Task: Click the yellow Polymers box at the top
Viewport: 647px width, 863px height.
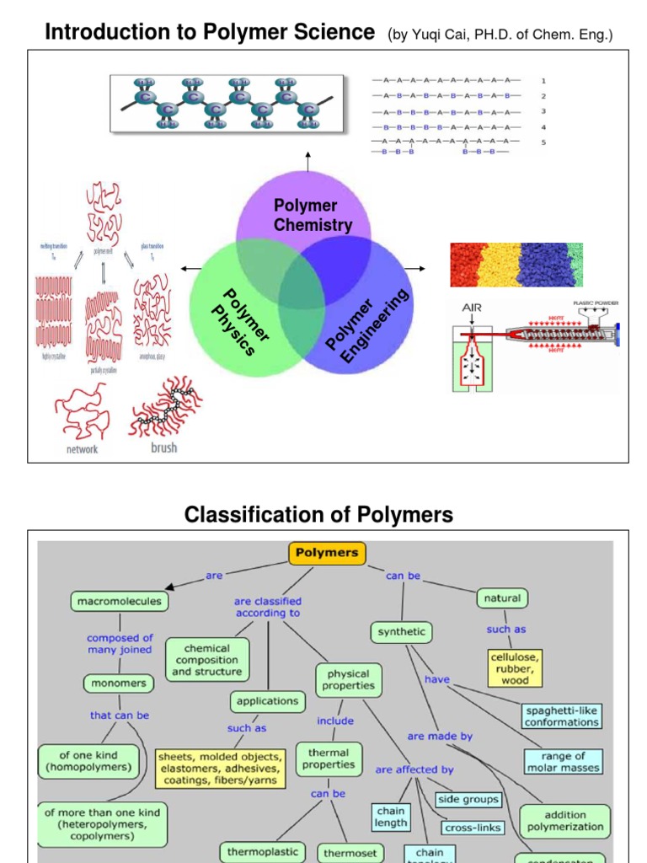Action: tap(327, 553)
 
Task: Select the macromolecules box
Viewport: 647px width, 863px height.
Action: tap(119, 601)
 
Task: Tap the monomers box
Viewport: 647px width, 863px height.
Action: tap(119, 683)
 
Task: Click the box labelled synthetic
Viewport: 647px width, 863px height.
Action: tap(401, 631)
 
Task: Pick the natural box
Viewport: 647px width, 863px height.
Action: tap(502, 598)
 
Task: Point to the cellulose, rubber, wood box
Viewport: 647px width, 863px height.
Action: tap(514, 667)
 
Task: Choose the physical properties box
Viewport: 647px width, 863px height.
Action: tap(348, 680)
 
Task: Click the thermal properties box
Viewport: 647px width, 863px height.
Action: tap(329, 758)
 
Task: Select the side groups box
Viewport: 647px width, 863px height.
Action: tap(468, 799)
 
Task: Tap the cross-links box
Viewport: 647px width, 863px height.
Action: tap(472, 828)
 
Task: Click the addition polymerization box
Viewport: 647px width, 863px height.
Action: tap(564, 821)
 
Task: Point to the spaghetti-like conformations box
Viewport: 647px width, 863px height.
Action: tap(561, 716)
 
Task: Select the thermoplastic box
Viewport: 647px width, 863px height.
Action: tap(262, 851)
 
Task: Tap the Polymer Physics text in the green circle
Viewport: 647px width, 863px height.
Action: tap(238, 321)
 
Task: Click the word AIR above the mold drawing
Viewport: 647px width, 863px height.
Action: tap(470, 308)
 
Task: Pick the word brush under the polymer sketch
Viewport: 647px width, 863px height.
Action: tap(163, 448)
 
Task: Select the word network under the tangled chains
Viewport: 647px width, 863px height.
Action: tap(82, 449)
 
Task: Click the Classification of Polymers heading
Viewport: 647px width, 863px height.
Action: tap(318, 514)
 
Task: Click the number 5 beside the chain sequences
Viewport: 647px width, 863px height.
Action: tap(543, 142)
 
